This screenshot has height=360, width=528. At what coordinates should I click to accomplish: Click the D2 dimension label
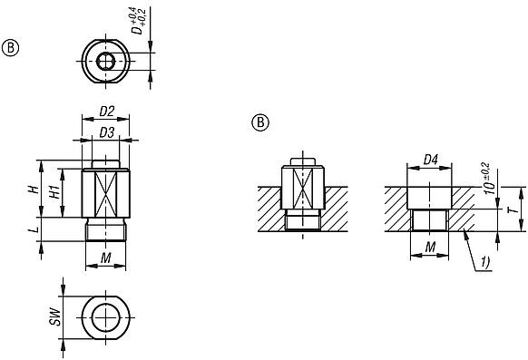pos(106,112)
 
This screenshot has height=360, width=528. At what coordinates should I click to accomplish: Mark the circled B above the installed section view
pos(260,122)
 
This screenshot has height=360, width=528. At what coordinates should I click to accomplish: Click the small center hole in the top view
pos(106,61)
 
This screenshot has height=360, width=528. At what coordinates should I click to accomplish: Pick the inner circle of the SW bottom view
pos(106,316)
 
